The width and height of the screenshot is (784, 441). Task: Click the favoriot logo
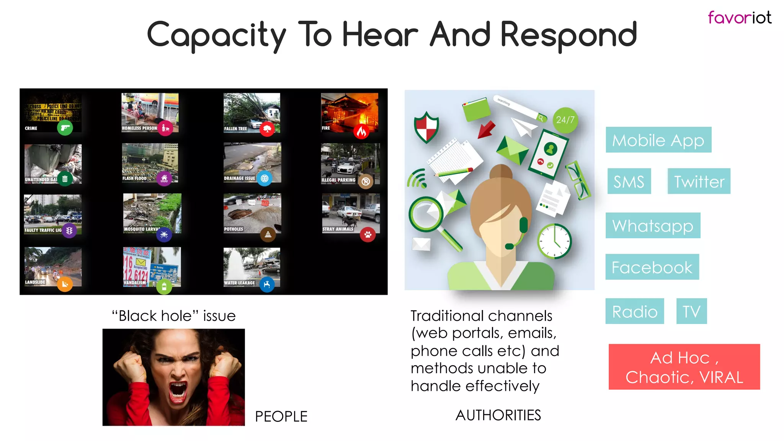coord(739,18)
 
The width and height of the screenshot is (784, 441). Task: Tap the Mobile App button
coord(658,140)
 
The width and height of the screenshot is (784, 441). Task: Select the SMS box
coord(629,181)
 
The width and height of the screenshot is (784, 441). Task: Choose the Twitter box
coord(699,181)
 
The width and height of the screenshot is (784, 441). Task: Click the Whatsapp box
coord(653,225)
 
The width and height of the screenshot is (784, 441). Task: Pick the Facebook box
coord(652,267)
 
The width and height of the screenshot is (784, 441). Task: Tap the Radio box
coord(634,311)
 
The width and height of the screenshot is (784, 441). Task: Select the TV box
coord(691,311)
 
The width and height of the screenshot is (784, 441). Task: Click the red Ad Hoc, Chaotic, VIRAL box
coord(684,367)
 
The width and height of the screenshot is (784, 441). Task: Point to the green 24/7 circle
coord(565,120)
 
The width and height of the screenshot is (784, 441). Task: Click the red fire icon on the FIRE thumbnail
coord(361,132)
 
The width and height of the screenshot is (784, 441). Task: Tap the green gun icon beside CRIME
coord(65,127)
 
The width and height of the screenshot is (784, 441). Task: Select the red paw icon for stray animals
coord(367,234)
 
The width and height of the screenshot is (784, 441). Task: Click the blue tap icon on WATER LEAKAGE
coord(267,284)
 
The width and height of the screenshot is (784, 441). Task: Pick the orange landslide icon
coord(65,284)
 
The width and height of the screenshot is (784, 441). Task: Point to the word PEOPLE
coord(281,416)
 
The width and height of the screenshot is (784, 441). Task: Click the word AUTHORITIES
coord(498,415)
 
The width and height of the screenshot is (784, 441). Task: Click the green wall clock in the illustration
coord(554,241)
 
